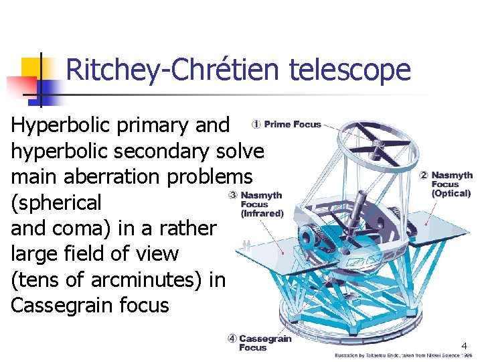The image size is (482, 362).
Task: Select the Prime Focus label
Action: tap(293, 124)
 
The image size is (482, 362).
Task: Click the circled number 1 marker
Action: tap(256, 124)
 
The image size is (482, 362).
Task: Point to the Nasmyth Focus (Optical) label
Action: tap(451, 184)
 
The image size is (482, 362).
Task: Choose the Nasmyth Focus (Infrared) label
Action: tap(262, 204)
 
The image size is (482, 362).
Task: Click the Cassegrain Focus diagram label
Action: tap(265, 343)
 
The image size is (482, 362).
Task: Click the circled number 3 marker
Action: tap(232, 195)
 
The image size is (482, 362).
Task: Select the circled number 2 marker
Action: tap(423, 176)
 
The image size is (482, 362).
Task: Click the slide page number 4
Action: tap(463, 346)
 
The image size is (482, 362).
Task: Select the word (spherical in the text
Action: tap(57, 202)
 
